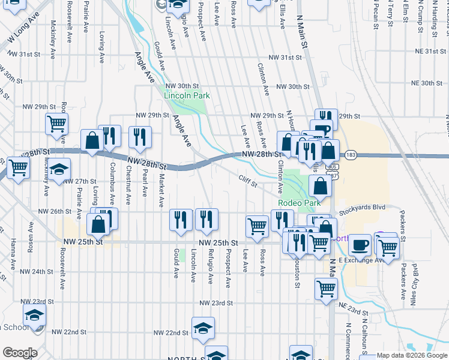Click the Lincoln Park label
point(187,95)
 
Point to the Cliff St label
point(247,179)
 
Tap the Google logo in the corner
point(20,353)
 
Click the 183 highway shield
point(349,155)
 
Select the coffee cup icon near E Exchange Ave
point(360,244)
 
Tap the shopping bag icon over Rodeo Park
point(321,187)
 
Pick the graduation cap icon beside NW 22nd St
point(203,327)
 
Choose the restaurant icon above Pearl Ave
point(140,136)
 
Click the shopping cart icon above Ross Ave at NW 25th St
point(257,226)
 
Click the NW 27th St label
point(80,181)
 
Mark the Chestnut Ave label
point(128,185)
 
